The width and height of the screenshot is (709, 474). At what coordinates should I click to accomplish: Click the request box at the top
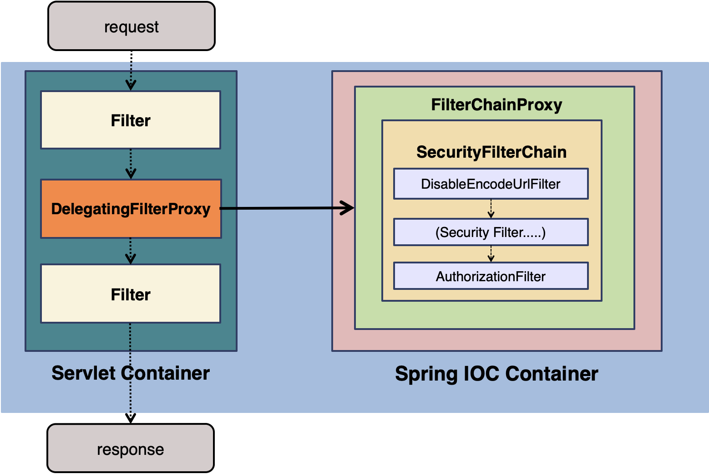tap(131, 26)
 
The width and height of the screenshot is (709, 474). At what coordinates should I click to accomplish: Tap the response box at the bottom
tap(130, 448)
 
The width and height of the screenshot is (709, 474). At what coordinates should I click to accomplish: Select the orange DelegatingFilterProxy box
tap(131, 209)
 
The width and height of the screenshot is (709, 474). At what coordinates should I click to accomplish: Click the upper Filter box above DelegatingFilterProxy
tap(131, 120)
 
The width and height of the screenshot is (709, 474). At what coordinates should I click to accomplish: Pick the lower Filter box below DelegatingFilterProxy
tap(131, 294)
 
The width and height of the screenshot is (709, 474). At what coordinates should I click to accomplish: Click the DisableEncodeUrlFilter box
tap(491, 184)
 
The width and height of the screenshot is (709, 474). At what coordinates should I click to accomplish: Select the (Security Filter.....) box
tap(491, 232)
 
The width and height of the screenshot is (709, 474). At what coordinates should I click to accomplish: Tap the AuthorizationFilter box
tap(491, 276)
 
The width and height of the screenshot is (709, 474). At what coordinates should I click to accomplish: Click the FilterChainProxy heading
tap(496, 105)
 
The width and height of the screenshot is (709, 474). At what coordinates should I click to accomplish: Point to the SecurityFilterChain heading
tap(491, 152)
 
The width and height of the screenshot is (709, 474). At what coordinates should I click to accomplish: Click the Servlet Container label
tap(131, 373)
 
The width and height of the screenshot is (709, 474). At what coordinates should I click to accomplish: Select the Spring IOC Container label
tap(496, 374)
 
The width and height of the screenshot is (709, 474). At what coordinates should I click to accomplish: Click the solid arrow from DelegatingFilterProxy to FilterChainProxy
tap(287, 208)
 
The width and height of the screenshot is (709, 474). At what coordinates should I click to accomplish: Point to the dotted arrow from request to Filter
tap(131, 75)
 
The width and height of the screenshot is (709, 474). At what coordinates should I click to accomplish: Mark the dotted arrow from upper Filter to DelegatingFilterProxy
tap(131, 164)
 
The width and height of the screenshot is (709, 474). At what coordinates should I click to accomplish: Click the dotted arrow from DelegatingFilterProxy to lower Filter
tap(131, 251)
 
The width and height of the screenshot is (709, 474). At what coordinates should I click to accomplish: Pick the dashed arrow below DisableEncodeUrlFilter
tap(491, 209)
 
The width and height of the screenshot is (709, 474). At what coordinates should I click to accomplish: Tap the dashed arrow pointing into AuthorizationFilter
tap(491, 254)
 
